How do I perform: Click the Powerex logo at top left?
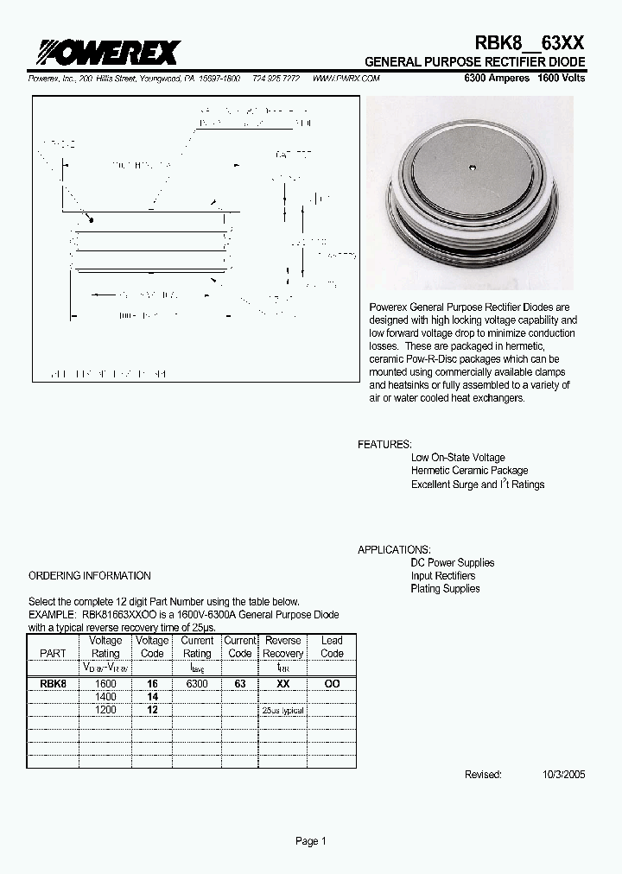104,53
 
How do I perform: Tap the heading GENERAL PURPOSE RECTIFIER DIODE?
474,63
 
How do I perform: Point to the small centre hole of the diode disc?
473,167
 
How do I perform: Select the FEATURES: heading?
384,444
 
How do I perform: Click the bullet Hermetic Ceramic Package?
469,471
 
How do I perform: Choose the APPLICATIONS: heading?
394,549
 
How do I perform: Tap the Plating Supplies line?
445,589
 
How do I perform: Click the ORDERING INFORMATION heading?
90,575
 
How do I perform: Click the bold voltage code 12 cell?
152,709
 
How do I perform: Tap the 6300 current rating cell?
197,683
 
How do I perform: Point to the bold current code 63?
240,683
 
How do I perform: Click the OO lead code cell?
332,683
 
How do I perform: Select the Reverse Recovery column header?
283,647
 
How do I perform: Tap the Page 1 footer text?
311,842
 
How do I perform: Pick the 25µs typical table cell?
283,710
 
